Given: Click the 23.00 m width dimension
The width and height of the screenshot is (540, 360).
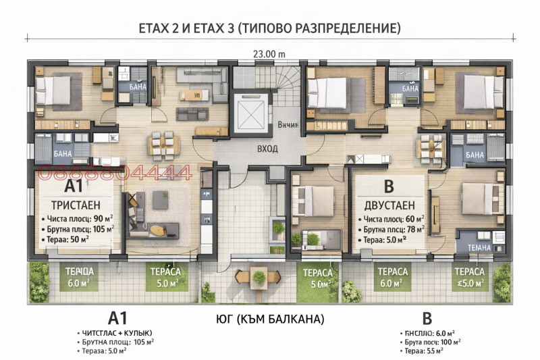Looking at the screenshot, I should (269, 54).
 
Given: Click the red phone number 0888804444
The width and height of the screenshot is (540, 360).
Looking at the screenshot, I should (115, 174).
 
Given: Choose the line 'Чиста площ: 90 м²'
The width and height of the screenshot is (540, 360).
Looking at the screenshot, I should (76, 219).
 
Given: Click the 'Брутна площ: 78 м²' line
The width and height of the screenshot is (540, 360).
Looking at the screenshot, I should (394, 230).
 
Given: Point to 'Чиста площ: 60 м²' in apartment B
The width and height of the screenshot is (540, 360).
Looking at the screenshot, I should (394, 219).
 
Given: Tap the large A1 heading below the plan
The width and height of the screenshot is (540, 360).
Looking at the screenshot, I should (117, 318).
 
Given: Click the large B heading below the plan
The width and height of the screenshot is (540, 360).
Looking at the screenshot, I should (427, 318).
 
